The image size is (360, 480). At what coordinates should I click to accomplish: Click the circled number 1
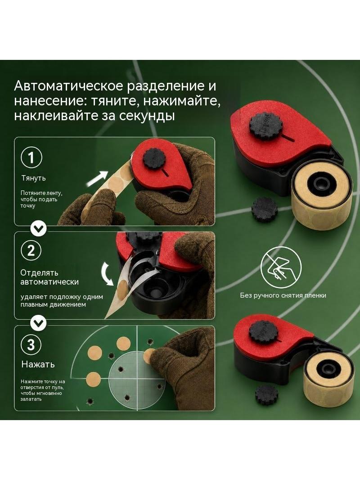(31, 158)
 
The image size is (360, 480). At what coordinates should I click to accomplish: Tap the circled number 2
(31, 250)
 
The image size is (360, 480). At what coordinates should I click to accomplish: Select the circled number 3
(31, 345)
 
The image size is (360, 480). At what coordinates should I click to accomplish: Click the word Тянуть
(34, 178)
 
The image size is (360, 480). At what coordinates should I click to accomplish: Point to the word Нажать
(38, 364)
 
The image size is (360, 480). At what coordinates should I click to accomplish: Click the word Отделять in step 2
(39, 273)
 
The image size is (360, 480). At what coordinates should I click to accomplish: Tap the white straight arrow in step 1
(97, 179)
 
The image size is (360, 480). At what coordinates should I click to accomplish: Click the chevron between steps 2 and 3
(39, 323)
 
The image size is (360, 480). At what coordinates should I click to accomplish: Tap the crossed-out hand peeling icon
(281, 267)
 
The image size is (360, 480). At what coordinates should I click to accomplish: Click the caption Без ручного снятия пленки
(283, 295)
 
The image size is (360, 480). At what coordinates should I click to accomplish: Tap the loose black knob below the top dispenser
(264, 209)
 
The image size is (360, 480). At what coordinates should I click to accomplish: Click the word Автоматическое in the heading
(68, 86)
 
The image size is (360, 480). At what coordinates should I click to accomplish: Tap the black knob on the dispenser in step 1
(154, 158)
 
